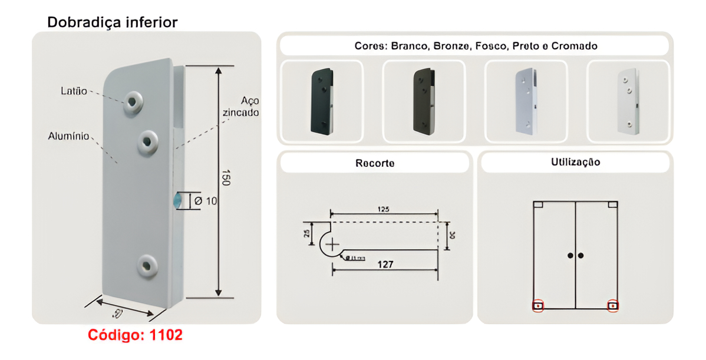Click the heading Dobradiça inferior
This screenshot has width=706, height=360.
click(x=112, y=22)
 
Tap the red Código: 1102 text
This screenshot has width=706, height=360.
click(x=135, y=335)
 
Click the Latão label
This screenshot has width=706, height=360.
click(x=74, y=91)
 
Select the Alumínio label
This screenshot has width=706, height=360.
click(x=68, y=137)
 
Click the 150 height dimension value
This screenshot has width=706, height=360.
click(x=226, y=178)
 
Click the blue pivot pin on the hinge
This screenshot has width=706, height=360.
click(x=177, y=200)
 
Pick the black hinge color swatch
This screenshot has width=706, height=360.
click(x=321, y=101)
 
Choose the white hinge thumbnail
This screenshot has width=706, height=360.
click(x=628, y=101)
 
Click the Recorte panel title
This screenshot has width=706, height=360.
click(x=375, y=163)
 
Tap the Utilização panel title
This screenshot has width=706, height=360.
click(x=575, y=162)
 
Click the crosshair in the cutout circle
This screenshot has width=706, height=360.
click(x=333, y=243)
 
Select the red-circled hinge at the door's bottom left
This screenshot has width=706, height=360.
click(x=538, y=305)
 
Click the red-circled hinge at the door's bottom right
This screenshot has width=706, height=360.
click(x=613, y=305)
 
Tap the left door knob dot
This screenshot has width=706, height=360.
click(x=570, y=255)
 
